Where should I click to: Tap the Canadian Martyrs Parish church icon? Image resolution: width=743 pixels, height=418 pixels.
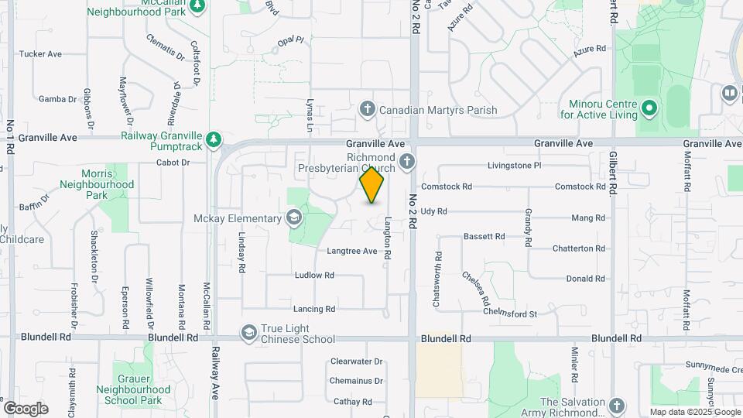point(368,109)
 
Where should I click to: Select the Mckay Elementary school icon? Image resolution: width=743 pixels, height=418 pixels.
point(293,218)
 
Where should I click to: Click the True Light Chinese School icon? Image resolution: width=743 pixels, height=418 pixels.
point(248,333)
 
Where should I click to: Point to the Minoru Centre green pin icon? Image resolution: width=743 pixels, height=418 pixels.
point(649,109)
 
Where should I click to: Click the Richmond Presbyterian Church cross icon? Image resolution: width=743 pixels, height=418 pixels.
point(407,163)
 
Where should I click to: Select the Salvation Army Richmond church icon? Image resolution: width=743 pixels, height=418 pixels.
point(616,406)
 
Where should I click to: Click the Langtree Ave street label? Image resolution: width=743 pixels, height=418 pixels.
point(351,251)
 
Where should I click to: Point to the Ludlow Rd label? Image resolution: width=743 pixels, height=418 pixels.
point(314,275)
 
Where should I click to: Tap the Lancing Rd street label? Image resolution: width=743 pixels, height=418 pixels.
point(314,309)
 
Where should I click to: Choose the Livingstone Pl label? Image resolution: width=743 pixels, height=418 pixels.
point(520,166)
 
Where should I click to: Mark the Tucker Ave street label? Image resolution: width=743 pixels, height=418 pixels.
point(40,54)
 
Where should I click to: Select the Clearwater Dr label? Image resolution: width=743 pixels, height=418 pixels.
point(357,361)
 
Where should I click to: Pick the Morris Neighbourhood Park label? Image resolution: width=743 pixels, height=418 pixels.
point(97,184)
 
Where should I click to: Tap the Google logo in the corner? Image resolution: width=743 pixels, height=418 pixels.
point(26,408)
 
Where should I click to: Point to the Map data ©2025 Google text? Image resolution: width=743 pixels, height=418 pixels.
point(694,412)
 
